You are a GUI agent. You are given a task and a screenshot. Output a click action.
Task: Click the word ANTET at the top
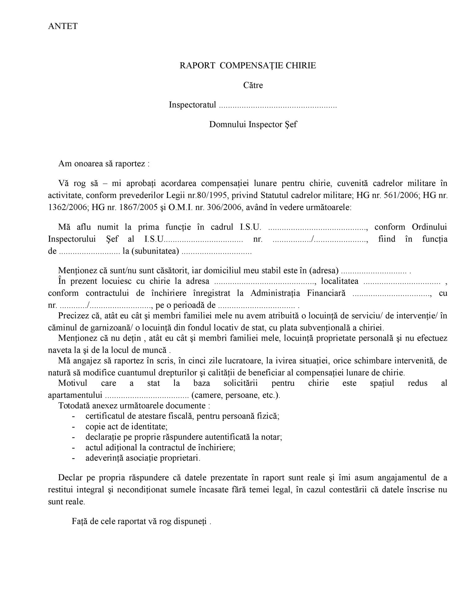(x=63, y=26)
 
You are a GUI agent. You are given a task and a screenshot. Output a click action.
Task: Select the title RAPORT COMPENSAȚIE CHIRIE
(x=248, y=65)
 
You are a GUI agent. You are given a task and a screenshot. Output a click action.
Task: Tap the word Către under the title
(x=253, y=85)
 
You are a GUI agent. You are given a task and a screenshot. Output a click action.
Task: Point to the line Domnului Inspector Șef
(x=253, y=124)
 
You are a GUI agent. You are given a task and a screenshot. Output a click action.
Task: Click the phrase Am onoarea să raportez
(x=104, y=163)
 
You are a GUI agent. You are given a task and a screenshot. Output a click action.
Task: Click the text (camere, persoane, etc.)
(x=236, y=395)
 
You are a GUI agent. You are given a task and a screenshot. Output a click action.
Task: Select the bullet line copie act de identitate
(x=126, y=427)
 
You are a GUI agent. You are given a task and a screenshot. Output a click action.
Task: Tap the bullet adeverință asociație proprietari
(x=143, y=458)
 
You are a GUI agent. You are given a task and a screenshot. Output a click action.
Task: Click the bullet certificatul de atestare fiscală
(x=182, y=416)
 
